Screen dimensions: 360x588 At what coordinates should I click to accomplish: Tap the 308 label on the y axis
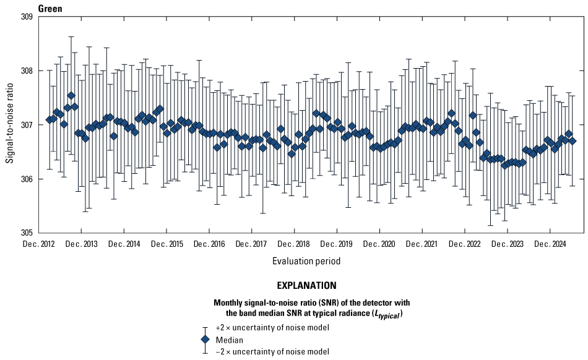pos(27,71)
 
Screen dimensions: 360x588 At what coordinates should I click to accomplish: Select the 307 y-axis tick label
pos(27,126)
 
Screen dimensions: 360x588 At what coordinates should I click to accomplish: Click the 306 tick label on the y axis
pos(27,179)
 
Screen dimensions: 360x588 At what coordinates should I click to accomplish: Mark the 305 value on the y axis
pos(27,234)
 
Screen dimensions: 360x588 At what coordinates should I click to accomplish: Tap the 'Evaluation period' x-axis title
pos(306,261)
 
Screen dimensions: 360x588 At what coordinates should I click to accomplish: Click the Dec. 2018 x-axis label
pos(295,244)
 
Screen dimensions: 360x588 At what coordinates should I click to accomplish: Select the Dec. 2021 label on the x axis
pos(422,244)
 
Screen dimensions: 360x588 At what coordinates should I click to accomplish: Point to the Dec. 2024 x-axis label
pos(550,244)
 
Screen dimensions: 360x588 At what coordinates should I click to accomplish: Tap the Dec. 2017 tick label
pos(252,244)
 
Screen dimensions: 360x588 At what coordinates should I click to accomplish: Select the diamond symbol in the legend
pos(205,340)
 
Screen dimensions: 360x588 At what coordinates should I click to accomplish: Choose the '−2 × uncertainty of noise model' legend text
pos(272,351)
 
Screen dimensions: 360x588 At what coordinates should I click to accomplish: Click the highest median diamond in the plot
pos(71,96)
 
